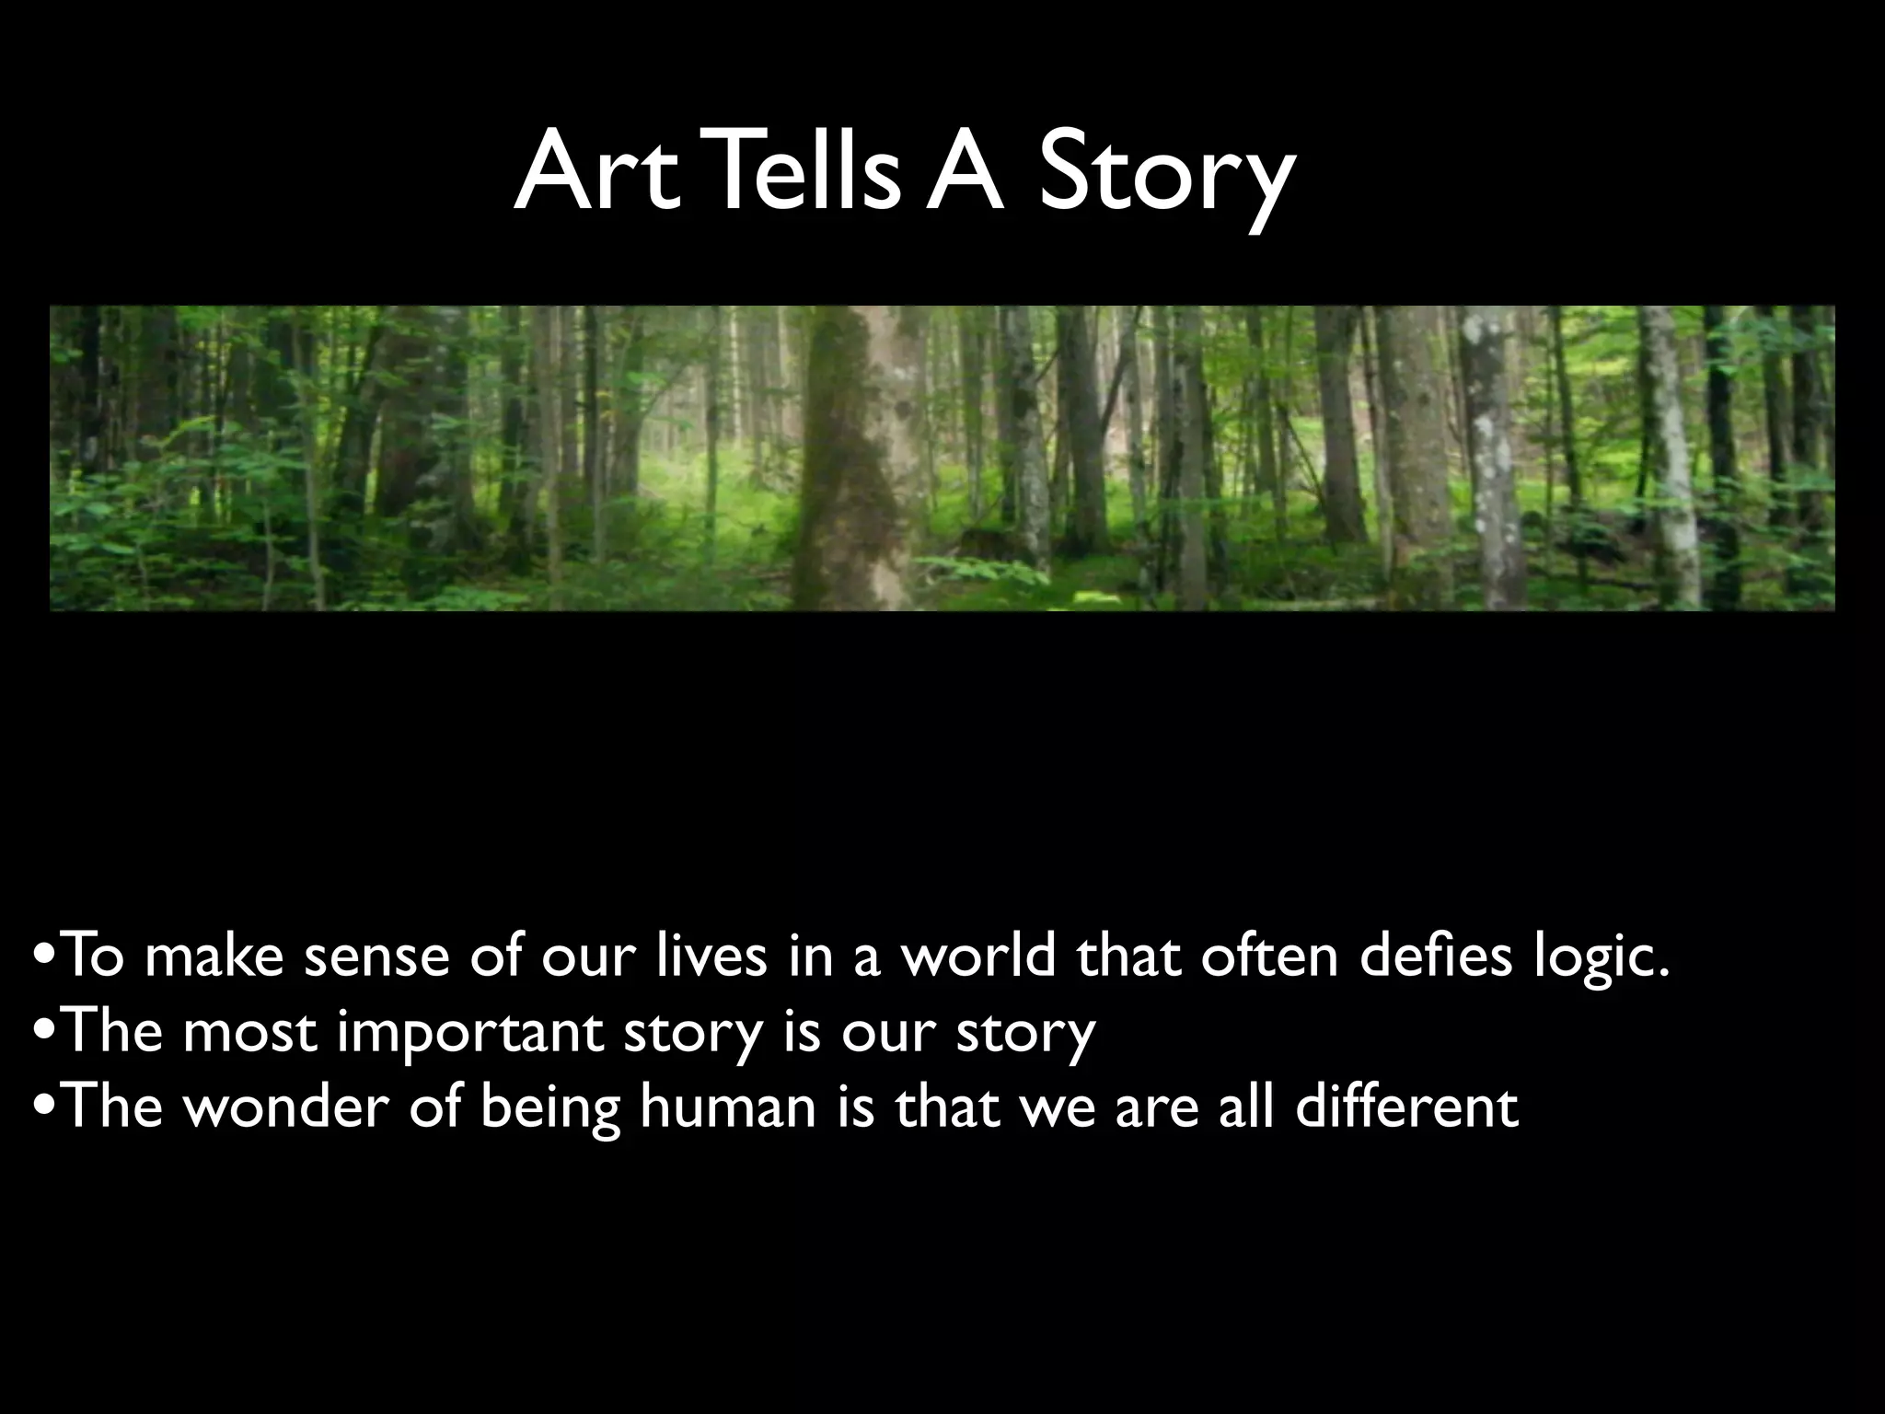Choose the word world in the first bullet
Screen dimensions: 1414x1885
[x=977, y=956]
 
